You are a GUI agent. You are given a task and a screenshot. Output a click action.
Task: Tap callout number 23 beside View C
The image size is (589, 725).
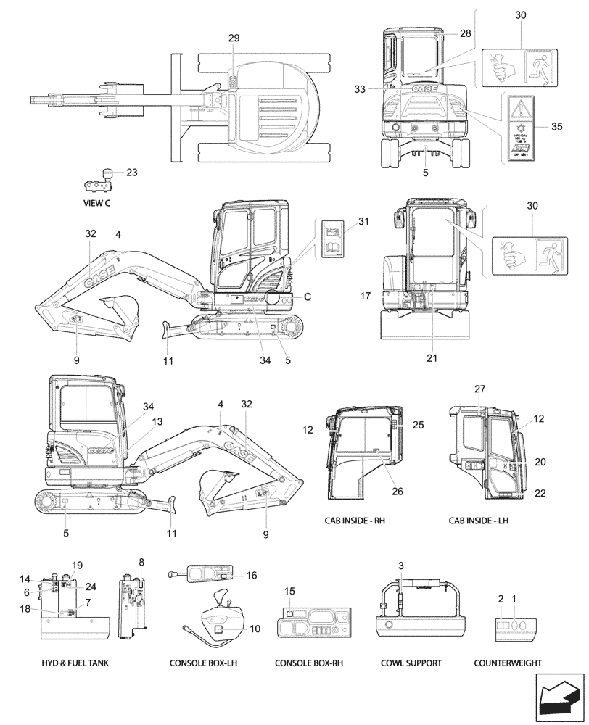click(x=131, y=173)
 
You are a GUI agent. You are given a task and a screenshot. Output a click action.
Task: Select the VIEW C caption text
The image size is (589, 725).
click(x=96, y=203)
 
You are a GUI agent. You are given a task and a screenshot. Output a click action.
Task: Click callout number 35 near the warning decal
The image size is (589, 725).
click(x=556, y=126)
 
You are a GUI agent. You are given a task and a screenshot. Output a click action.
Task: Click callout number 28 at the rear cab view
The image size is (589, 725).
click(x=465, y=34)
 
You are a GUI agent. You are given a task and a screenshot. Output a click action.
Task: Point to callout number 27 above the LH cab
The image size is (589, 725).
click(x=479, y=389)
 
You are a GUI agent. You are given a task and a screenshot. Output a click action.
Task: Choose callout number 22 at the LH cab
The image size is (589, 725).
click(x=540, y=493)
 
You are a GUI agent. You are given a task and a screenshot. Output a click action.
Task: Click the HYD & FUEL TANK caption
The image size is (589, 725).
click(x=73, y=663)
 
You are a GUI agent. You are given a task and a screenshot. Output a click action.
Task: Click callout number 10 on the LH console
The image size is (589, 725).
click(x=255, y=628)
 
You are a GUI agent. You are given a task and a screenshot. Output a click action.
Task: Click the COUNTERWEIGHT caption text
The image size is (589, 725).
click(x=507, y=663)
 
